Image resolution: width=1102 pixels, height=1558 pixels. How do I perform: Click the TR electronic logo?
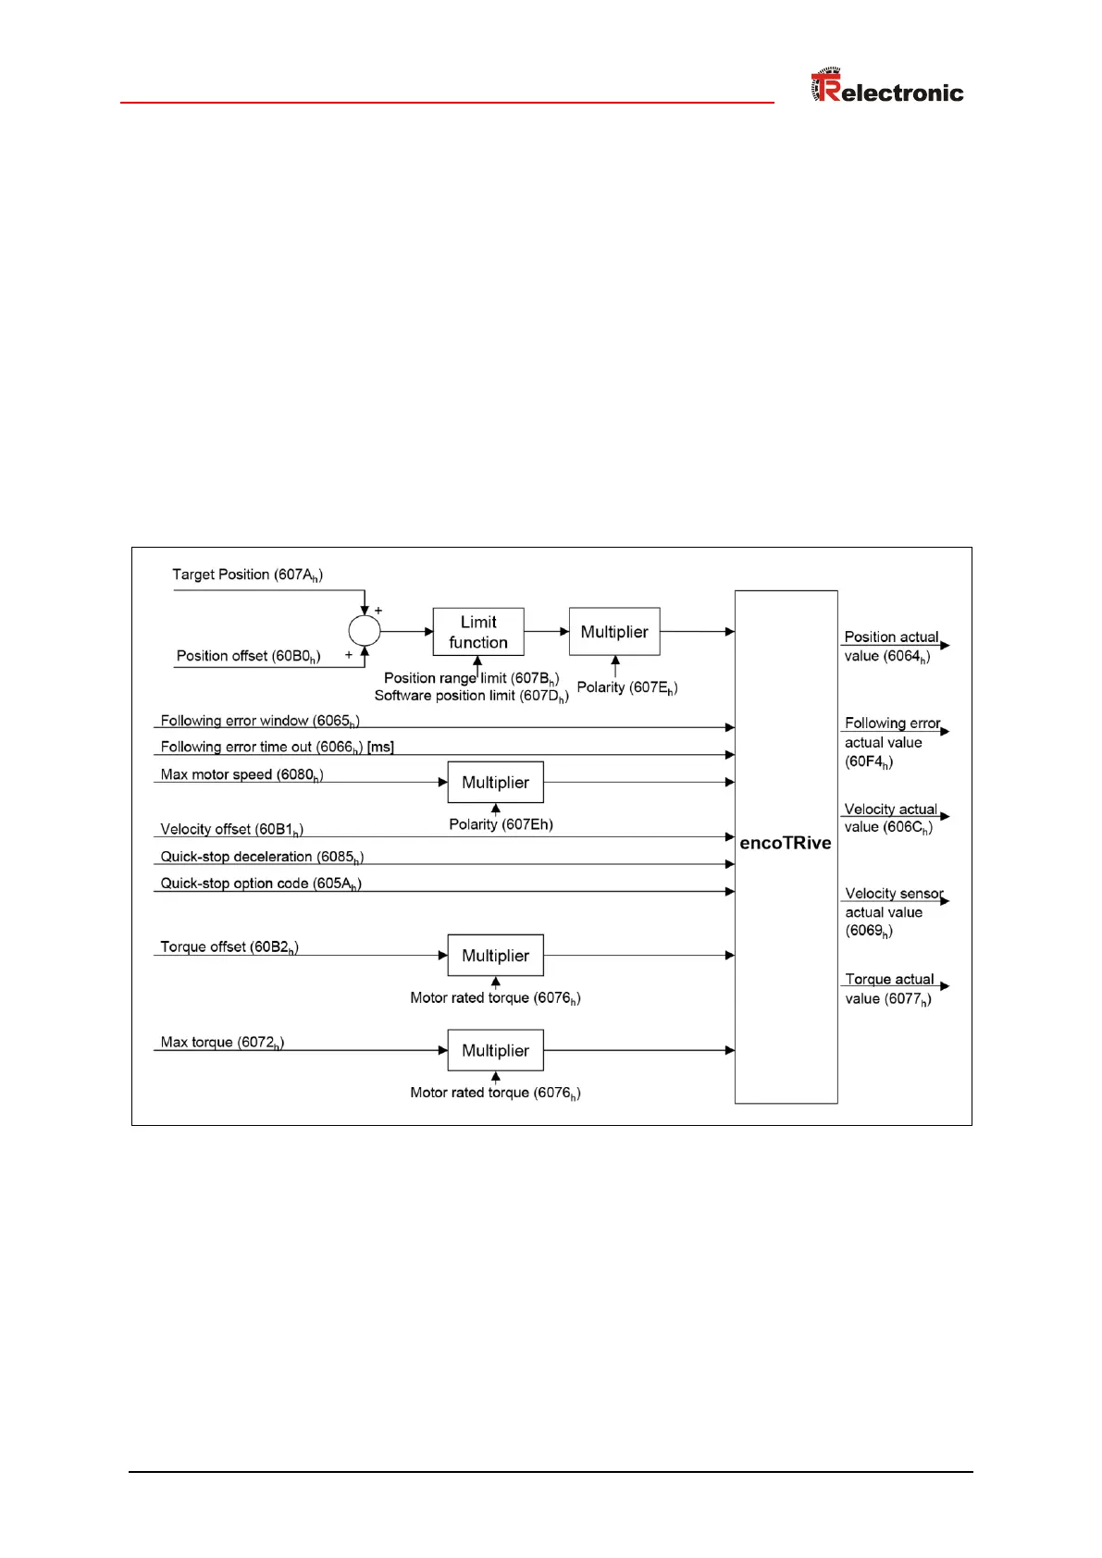(x=886, y=87)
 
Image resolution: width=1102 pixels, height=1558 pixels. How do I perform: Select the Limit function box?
(x=478, y=632)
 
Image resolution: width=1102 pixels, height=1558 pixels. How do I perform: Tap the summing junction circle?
(x=364, y=631)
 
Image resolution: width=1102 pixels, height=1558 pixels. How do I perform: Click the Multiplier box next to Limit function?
(x=614, y=632)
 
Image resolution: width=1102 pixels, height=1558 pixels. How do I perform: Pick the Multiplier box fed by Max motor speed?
(x=495, y=783)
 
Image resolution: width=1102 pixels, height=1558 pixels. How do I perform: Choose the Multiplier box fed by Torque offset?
(x=495, y=956)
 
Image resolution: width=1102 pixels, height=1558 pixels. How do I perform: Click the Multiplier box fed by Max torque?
(x=495, y=1051)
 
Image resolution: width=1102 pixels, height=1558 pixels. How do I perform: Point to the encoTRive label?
(x=786, y=843)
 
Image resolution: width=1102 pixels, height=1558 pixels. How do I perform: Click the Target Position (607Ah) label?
(x=247, y=575)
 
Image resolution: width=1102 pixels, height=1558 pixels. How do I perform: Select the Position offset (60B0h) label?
(x=248, y=656)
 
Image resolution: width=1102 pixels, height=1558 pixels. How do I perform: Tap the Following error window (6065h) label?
(x=259, y=721)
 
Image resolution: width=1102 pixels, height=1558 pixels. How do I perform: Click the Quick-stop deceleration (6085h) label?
(x=262, y=857)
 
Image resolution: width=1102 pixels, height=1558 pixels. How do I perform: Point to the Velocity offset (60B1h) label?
(x=231, y=829)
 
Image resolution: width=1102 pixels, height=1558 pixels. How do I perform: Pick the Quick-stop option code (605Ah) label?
(x=261, y=884)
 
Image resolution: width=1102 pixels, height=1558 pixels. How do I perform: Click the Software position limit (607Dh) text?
(x=471, y=696)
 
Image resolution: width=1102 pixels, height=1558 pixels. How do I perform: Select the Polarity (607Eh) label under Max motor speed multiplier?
(x=501, y=824)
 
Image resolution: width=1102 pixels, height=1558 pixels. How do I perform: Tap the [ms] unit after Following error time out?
(x=380, y=748)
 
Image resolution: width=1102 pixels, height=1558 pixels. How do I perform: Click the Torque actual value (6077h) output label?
(x=888, y=989)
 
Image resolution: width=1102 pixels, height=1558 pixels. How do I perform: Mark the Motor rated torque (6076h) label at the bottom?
(x=495, y=1093)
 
